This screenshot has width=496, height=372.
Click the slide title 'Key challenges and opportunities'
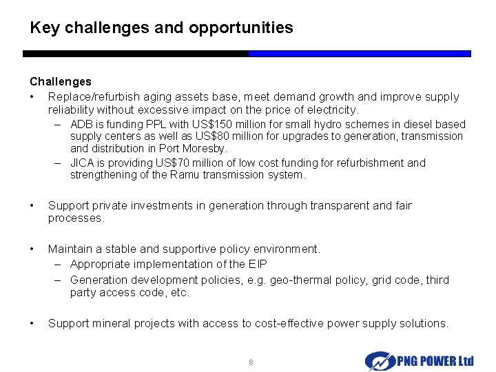click(x=161, y=28)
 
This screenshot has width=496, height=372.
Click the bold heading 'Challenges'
click(x=61, y=82)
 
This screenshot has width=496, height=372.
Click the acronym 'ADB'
click(x=81, y=125)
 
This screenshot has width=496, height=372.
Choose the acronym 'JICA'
click(x=82, y=163)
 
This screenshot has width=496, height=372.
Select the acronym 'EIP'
click(x=258, y=265)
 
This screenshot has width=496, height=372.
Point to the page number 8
click(x=251, y=362)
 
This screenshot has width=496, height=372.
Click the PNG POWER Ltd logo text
click(x=435, y=361)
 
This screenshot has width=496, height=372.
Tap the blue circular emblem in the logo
click(x=379, y=361)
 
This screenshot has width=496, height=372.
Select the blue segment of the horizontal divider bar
click(x=359, y=53)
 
